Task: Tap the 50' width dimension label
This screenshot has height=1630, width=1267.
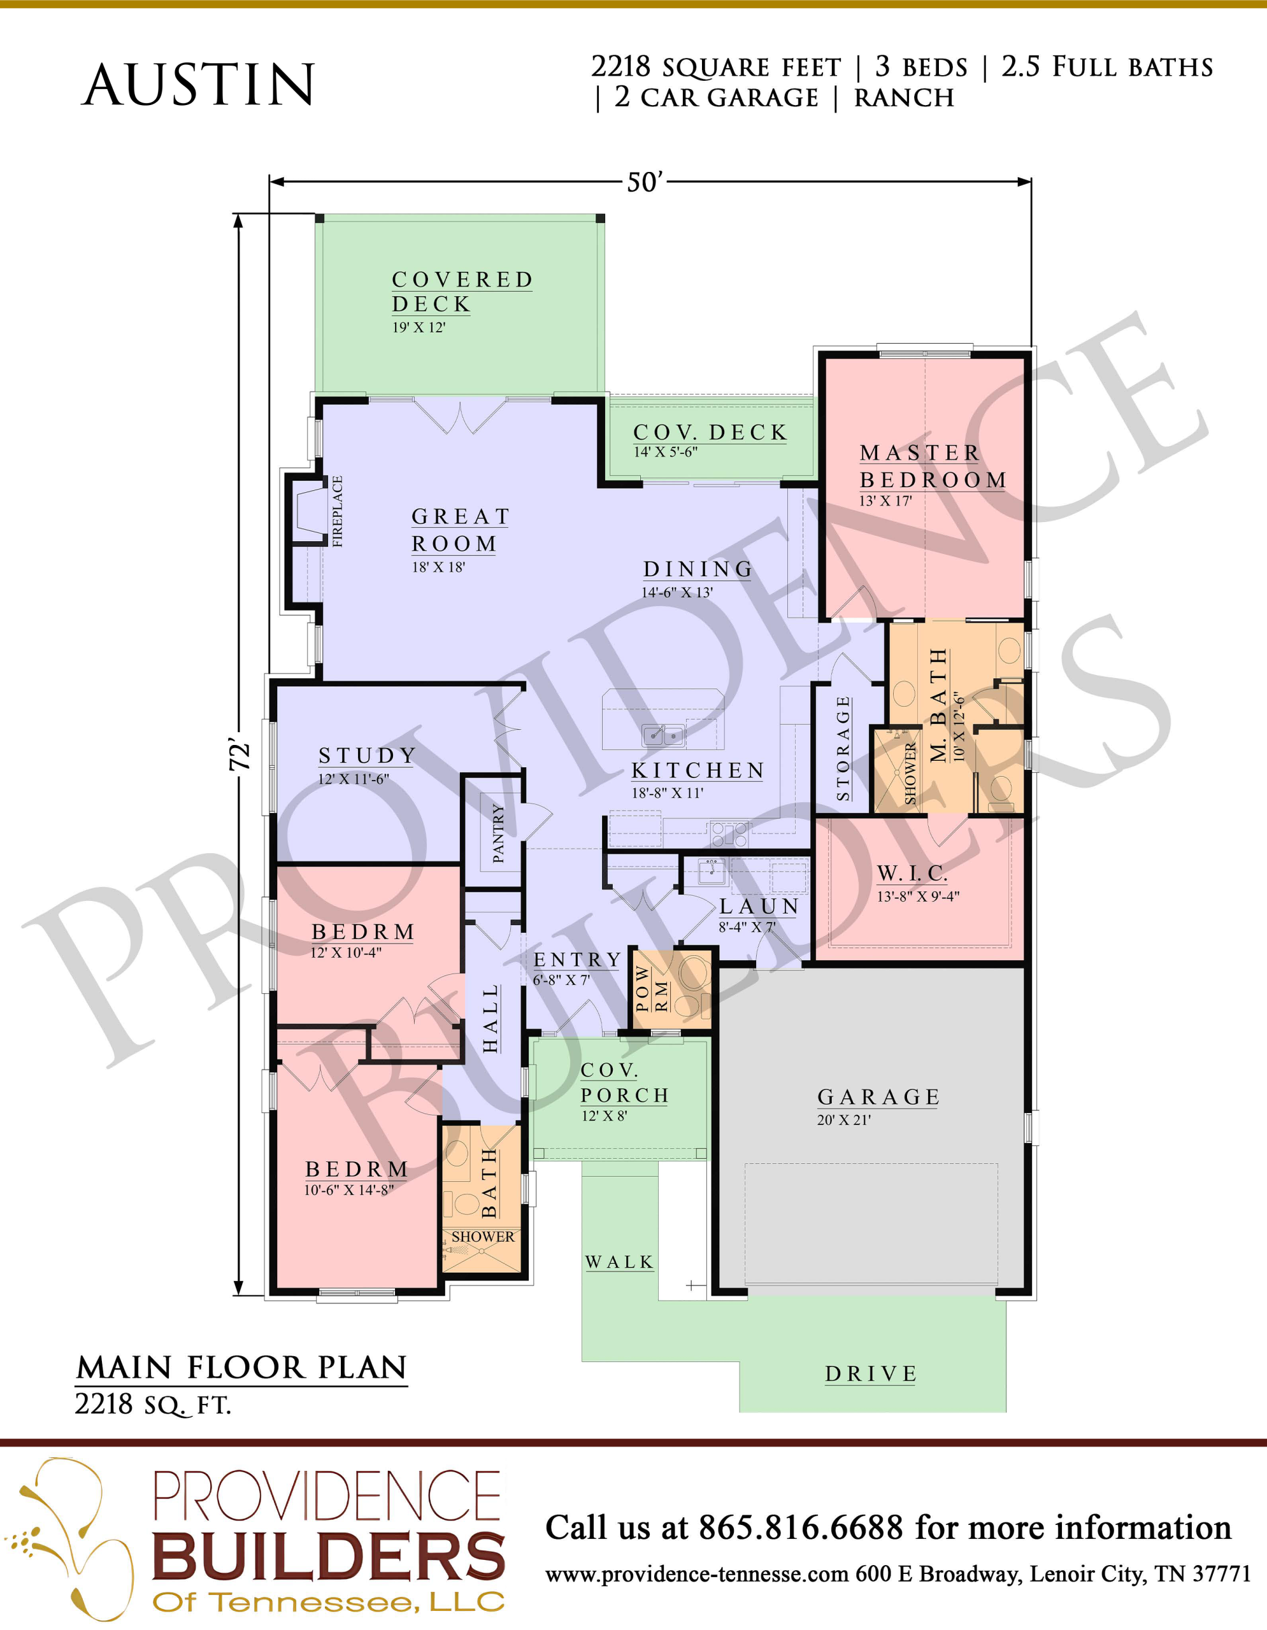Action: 644,182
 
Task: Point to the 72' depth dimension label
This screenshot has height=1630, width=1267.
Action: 240,755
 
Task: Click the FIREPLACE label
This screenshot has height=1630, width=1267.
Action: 338,511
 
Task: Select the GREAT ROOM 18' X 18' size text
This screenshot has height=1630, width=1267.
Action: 438,567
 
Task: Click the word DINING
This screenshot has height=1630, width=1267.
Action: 698,569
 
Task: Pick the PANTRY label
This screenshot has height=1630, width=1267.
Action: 498,833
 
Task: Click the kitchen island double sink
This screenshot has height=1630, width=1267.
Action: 664,736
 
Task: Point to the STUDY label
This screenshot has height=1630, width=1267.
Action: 366,756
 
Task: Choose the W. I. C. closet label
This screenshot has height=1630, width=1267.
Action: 912,873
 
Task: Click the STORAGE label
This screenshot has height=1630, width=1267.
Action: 843,748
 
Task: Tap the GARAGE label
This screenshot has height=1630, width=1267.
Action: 878,1097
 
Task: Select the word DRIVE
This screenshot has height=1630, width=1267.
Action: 871,1374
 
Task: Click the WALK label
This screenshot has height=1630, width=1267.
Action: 619,1262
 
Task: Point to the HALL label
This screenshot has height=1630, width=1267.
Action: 490,1019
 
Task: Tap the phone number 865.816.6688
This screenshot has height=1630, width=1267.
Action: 800,1527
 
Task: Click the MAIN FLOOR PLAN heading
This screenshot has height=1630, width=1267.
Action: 241,1367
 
